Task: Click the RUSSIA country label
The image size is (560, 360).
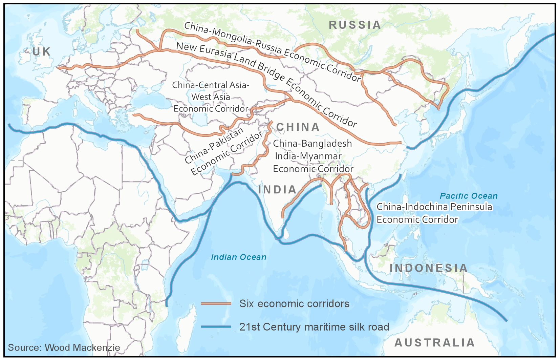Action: point(355,25)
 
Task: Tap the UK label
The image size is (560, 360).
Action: point(42,51)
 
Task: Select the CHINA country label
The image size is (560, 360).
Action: point(298,127)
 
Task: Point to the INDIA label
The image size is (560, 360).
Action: point(277,190)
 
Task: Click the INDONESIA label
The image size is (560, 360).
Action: point(429,268)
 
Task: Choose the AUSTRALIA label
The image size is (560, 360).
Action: point(435,342)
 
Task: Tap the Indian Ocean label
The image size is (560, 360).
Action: point(239,257)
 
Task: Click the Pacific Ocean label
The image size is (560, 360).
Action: point(469,196)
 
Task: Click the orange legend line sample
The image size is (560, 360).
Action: point(216,303)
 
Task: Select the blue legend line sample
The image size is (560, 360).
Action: point(216,327)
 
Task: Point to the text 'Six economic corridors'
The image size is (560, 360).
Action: point(294,303)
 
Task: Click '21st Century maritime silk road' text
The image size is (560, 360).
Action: point(314,327)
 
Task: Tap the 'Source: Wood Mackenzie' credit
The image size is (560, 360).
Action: point(64,347)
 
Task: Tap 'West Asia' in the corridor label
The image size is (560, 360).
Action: point(211,97)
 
